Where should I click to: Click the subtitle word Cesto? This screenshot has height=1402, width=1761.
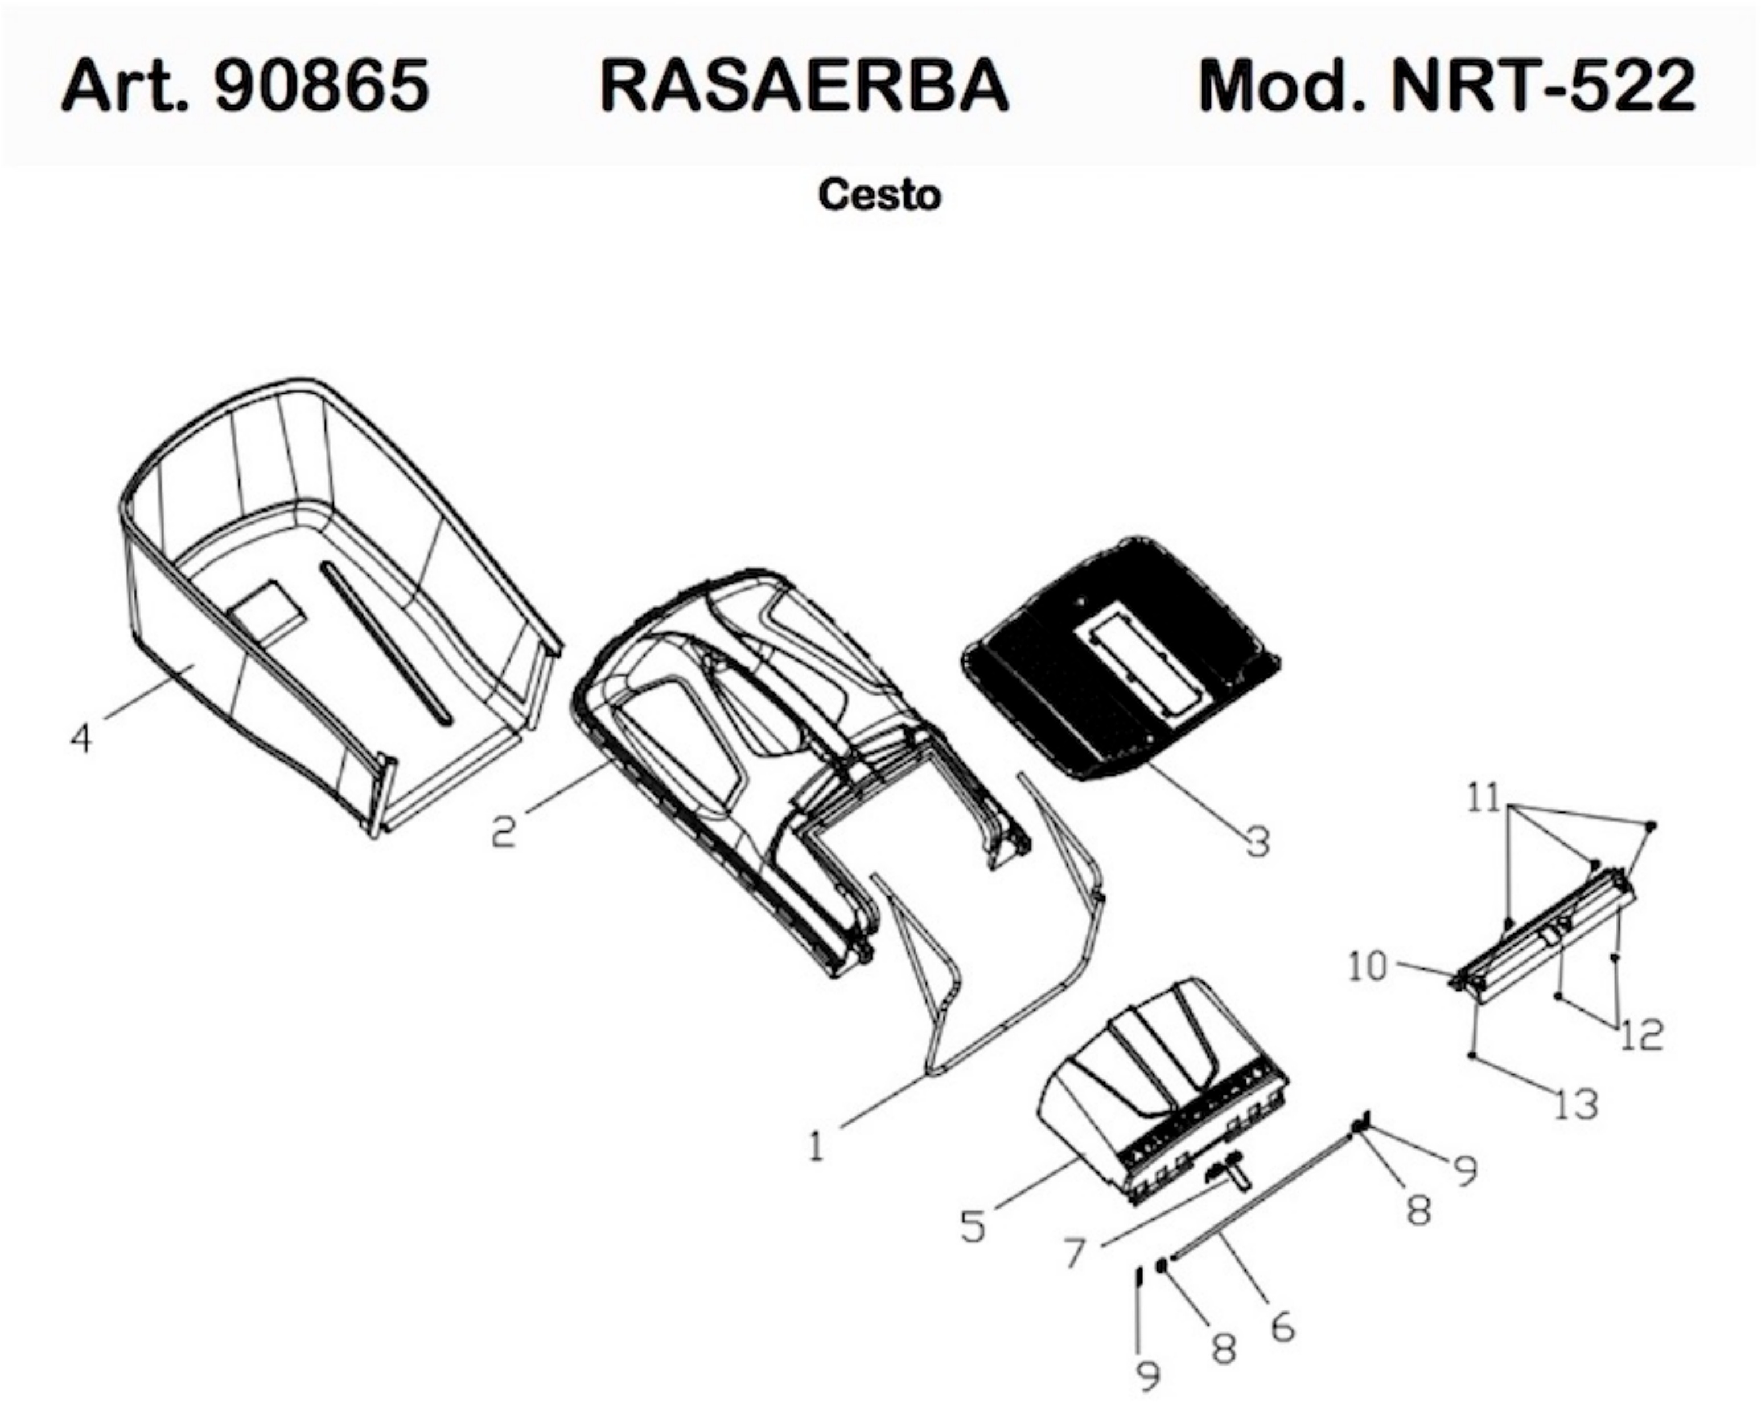(x=880, y=195)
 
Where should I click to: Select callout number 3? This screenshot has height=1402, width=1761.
(x=1258, y=842)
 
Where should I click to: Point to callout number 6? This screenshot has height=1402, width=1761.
(x=1283, y=1327)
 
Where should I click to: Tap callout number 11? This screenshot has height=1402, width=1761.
(x=1484, y=798)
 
